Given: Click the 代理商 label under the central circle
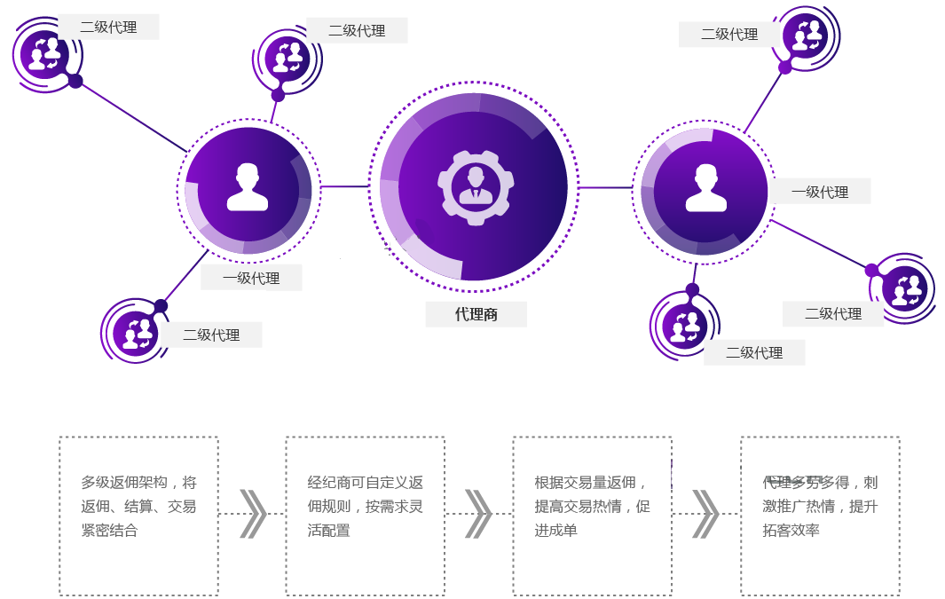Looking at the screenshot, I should point(476,314).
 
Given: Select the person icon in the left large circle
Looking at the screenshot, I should point(247,187).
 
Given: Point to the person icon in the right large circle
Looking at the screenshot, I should point(705,187).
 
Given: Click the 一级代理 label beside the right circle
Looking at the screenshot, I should point(820,192).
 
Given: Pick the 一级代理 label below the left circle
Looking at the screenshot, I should point(251,278).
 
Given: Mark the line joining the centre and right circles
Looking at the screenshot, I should point(604,187).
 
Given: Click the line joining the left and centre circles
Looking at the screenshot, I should point(344,186).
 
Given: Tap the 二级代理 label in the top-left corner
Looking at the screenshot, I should point(108,27).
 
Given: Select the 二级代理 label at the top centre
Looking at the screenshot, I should point(357,30).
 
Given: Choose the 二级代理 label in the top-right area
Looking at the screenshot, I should point(729,35).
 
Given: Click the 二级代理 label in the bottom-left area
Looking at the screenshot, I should point(211,335).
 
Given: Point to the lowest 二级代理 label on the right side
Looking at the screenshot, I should point(754,352).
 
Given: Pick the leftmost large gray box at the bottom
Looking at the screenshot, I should point(138,516).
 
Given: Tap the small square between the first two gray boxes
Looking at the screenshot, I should point(253,514).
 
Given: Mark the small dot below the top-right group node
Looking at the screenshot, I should point(784,67).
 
